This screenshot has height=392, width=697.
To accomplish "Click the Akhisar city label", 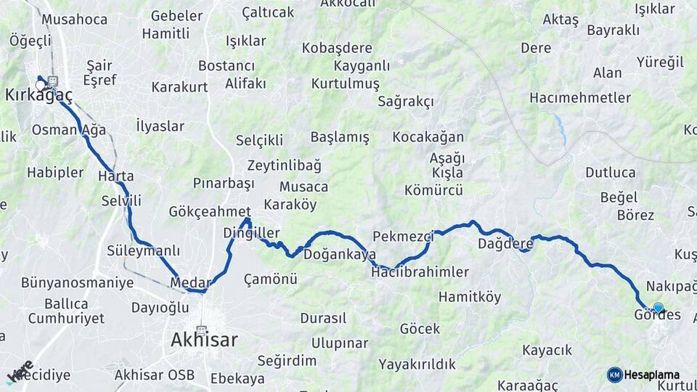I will (204, 339).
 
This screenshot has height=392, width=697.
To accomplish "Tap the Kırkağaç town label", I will (38, 95).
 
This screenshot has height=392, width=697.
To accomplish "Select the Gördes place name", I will (657, 315).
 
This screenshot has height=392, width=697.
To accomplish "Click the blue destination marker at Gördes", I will (658, 308).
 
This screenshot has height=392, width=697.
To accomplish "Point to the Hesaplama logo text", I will (652, 375).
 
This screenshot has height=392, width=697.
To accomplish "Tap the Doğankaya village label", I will (339, 255).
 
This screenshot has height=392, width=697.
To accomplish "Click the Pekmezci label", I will (403, 236).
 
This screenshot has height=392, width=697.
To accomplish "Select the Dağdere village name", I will (505, 244).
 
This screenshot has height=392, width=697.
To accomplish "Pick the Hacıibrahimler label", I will (420, 272).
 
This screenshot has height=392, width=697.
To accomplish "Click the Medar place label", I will (190, 282).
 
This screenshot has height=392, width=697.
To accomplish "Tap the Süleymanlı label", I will (143, 250).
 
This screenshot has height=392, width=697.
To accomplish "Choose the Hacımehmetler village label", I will (570, 97).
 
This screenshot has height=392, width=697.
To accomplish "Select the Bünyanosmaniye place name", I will (77, 282).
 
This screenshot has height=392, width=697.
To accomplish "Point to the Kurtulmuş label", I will (345, 83).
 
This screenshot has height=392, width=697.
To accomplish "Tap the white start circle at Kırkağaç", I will (41, 85).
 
